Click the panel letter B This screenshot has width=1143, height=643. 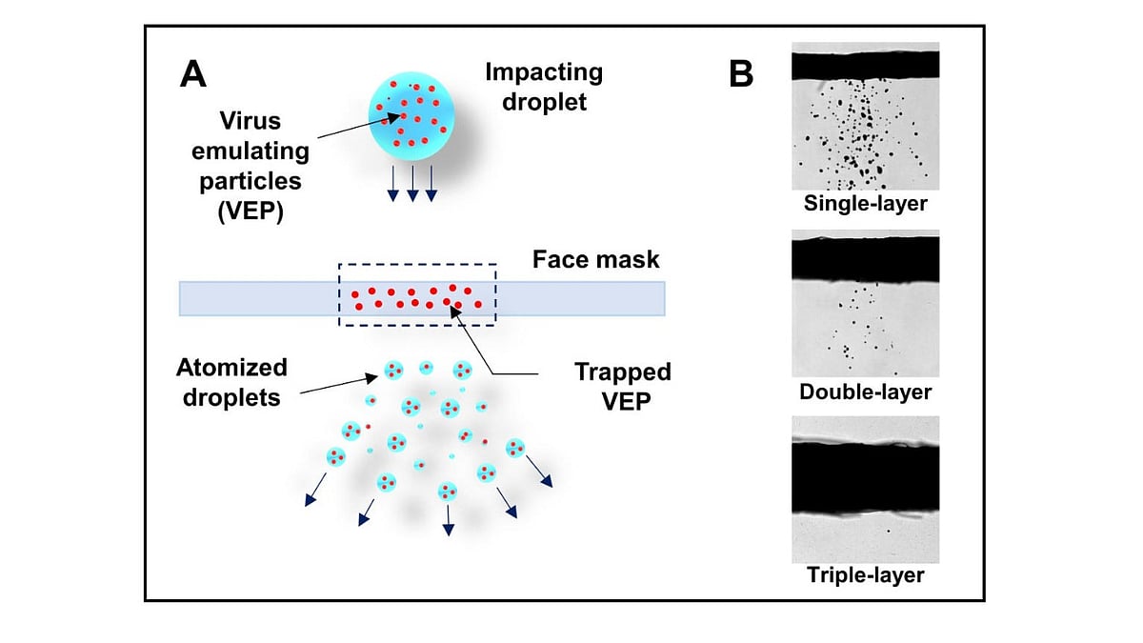coord(742,74)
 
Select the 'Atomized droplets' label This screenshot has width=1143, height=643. coord(231,381)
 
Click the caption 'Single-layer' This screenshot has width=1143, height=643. coord(865,203)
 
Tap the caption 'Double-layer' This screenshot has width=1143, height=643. coord(865,391)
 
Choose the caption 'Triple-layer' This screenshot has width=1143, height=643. coord(865,575)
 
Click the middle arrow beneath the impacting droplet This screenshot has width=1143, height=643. coord(412,184)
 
